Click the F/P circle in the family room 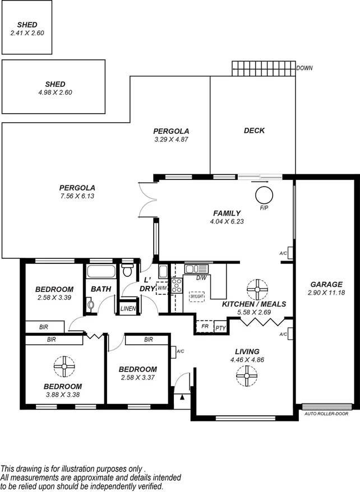[x=264, y=196]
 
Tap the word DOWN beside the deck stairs [x=305, y=68]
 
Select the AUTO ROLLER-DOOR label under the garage [x=326, y=414]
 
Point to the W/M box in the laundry [x=162, y=287]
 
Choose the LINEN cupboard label [x=128, y=308]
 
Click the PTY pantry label [x=220, y=328]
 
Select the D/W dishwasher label [x=202, y=277]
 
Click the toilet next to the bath [x=127, y=271]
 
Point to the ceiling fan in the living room [x=246, y=376]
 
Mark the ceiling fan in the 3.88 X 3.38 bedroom [x=64, y=366]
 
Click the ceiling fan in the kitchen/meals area [x=257, y=290]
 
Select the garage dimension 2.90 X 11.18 [x=326, y=293]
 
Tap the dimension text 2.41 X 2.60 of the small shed [x=27, y=33]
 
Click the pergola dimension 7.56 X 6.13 [x=77, y=196]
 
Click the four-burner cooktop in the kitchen [x=177, y=286]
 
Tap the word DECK [x=254, y=131]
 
